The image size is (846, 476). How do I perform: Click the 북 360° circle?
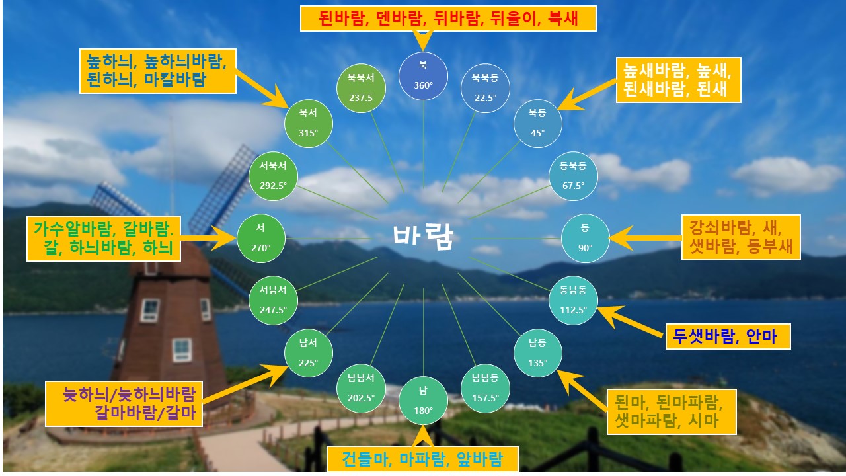tap(423, 76)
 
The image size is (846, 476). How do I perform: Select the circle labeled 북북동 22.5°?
tap(485, 88)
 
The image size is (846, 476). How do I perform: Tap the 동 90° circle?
tap(585, 238)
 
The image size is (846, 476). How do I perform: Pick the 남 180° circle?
tap(423, 401)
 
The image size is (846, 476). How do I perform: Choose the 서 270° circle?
tap(260, 238)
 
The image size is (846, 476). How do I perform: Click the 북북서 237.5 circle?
tap(361, 88)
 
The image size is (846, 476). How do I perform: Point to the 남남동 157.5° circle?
tap(485, 388)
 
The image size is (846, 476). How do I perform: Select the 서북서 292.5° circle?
tap(273, 176)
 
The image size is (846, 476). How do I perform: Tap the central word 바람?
tap(423, 237)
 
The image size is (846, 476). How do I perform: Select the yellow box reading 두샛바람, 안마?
tap(728, 337)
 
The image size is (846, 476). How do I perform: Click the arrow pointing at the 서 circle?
tap(208, 238)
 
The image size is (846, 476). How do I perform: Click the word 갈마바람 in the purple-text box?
tap(125, 413)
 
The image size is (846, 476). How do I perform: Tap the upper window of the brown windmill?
tap(150, 311)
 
